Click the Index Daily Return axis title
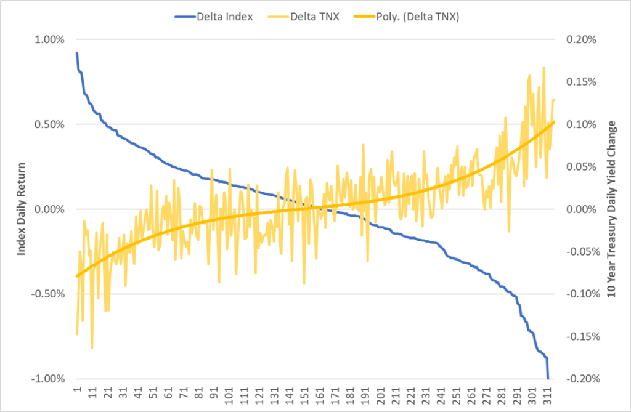[21, 209]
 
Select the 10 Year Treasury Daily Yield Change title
[612, 209]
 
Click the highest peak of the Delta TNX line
[543, 67]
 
